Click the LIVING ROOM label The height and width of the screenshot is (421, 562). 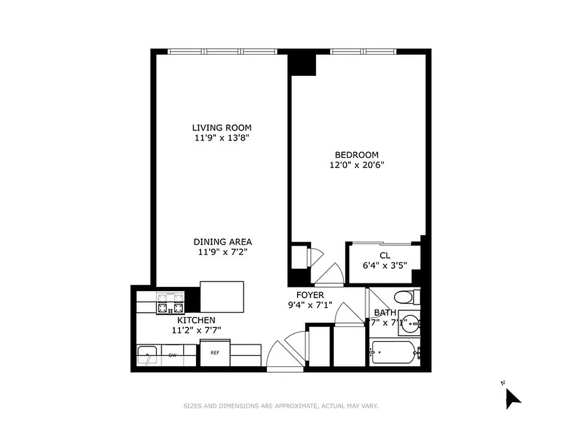[x=222, y=127]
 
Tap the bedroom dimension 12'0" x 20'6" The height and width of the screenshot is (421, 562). [x=357, y=165]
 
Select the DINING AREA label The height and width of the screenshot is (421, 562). [x=222, y=242]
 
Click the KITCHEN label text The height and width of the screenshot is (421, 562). [x=196, y=320]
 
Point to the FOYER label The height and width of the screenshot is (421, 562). [x=310, y=295]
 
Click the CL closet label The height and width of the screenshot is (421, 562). [x=384, y=255]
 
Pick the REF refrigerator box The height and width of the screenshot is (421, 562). [x=215, y=353]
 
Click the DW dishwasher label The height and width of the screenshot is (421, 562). [x=172, y=355]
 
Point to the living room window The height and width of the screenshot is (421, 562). [x=222, y=52]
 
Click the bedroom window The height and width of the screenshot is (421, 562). [x=363, y=52]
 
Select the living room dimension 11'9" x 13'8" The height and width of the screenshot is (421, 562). [x=222, y=138]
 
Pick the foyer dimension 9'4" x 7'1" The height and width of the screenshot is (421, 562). [x=310, y=305]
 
